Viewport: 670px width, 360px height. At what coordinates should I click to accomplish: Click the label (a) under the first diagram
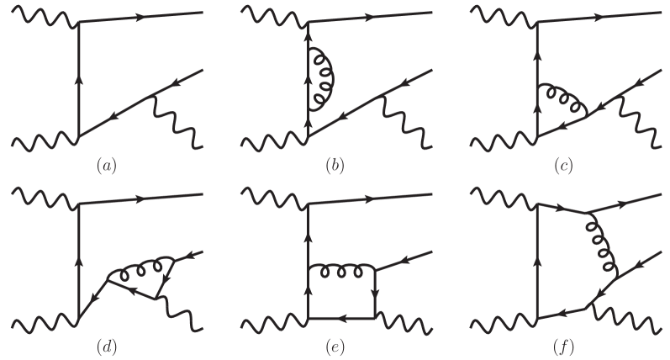click(x=104, y=165)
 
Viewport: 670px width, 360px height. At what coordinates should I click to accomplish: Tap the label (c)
click(x=562, y=165)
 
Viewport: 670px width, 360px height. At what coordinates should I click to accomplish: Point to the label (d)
click(x=104, y=344)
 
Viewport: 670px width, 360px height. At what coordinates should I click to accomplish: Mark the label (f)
click(x=562, y=344)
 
